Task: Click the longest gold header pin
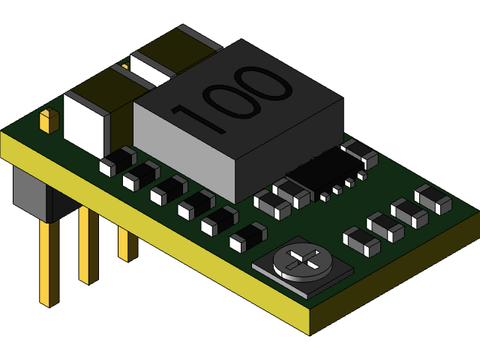(49, 262)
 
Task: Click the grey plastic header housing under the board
(30, 193)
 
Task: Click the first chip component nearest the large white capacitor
(118, 161)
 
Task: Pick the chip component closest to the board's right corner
(433, 199)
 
